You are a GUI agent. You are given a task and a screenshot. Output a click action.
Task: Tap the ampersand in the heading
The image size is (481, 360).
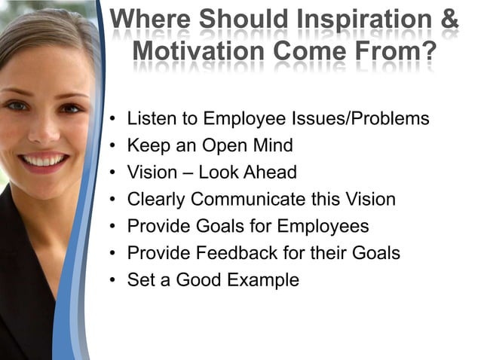click(x=449, y=20)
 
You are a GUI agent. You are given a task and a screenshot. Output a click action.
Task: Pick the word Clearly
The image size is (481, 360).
click(x=156, y=200)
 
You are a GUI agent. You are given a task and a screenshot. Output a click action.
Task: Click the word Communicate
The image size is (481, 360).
click(x=247, y=200)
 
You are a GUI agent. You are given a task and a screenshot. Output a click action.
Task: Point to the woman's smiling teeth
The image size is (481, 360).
click(x=43, y=160)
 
